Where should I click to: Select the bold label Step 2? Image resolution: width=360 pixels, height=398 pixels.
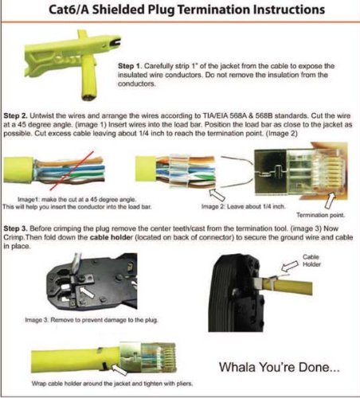point(15,116)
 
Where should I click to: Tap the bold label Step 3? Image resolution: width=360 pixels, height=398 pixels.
point(15,228)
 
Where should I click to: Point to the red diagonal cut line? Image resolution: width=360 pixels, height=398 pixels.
point(72,171)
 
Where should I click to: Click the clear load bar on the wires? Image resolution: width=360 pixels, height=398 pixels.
point(178,170)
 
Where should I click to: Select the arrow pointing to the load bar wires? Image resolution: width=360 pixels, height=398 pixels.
point(217,194)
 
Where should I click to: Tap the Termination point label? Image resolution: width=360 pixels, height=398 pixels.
point(320,215)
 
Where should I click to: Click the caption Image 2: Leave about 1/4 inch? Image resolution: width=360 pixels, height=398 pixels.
point(244,206)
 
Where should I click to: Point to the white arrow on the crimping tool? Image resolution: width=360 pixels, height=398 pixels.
point(88,293)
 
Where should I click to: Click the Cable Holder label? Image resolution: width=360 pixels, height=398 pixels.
point(311,260)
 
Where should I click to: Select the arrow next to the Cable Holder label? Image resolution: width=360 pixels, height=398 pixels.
point(290,266)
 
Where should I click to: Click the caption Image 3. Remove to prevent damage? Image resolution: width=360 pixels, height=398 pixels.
point(92,320)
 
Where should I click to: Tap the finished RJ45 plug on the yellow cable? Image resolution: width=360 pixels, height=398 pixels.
point(147,357)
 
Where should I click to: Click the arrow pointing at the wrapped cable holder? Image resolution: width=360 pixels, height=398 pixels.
point(119,369)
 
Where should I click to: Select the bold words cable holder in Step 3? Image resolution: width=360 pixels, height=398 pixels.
point(112,237)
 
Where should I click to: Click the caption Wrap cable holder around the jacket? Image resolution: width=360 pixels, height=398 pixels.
point(112,384)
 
